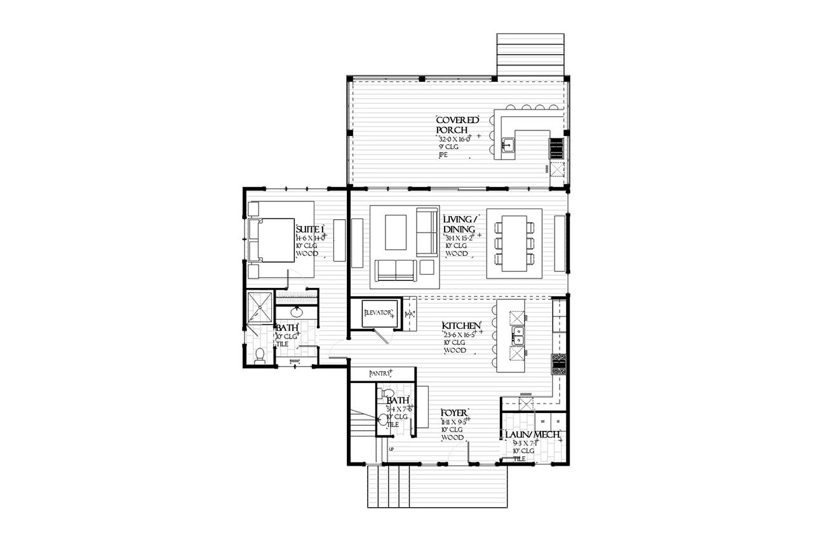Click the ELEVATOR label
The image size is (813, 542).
pyautogui.click(x=379, y=313)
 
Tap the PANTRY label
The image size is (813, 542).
pyautogui.click(x=382, y=374)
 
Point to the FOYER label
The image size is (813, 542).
pyautogui.click(x=455, y=414)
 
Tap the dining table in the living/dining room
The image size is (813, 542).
pyautogui.click(x=514, y=243)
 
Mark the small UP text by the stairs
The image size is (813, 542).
pyautogui.click(x=391, y=449)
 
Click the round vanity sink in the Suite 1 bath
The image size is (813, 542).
pyautogui.click(x=297, y=313)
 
